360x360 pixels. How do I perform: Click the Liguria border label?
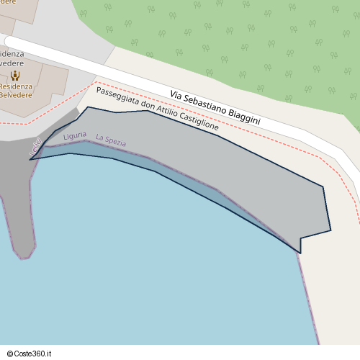(75, 136)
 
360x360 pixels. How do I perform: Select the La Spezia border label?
(111, 142)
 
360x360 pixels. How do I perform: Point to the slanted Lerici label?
(35, 147)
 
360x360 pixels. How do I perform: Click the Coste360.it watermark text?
(34, 353)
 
